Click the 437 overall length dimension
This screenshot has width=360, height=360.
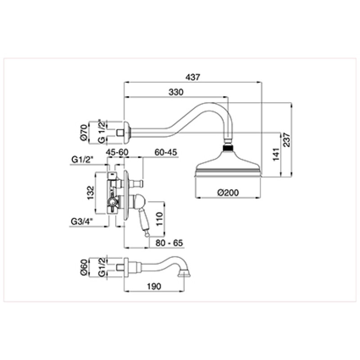(x=193, y=77)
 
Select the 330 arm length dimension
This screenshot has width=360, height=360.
(x=176, y=92)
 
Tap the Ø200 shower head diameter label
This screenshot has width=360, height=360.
(x=228, y=193)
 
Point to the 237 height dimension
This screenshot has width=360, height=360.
(x=287, y=140)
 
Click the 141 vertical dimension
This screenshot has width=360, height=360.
(x=276, y=154)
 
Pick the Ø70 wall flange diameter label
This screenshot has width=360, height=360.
(x=84, y=132)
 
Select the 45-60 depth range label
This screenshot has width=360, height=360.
(x=117, y=152)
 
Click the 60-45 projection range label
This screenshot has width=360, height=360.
(x=166, y=152)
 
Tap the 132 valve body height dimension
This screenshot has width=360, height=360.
(x=91, y=193)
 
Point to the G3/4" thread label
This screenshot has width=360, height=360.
(x=82, y=221)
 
